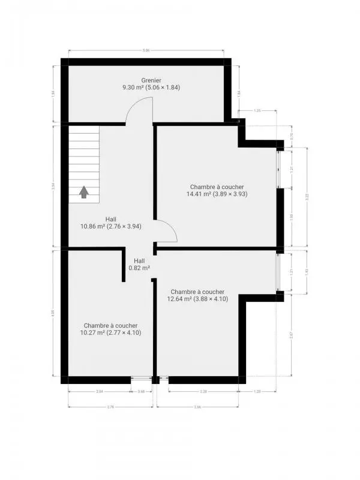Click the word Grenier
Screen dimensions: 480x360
click(x=151, y=80)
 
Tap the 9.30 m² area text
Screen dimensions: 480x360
click(x=151, y=87)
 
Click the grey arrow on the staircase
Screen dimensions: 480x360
click(x=84, y=192)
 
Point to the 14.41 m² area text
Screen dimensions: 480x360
click(x=217, y=194)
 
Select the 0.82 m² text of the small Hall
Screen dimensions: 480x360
click(x=139, y=268)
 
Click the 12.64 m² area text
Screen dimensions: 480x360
click(x=197, y=299)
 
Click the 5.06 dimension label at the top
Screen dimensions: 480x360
click(x=146, y=50)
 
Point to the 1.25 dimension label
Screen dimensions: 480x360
click(x=257, y=111)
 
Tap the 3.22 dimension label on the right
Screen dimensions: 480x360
click(x=307, y=196)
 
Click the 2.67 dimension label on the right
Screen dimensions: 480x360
click(x=291, y=336)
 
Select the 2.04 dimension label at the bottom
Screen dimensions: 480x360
click(x=100, y=392)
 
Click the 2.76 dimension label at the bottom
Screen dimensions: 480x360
click(x=110, y=407)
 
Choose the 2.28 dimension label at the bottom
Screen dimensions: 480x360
click(x=203, y=392)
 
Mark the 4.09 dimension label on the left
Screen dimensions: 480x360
click(x=53, y=313)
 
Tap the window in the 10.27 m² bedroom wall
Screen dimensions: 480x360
click(x=141, y=379)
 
